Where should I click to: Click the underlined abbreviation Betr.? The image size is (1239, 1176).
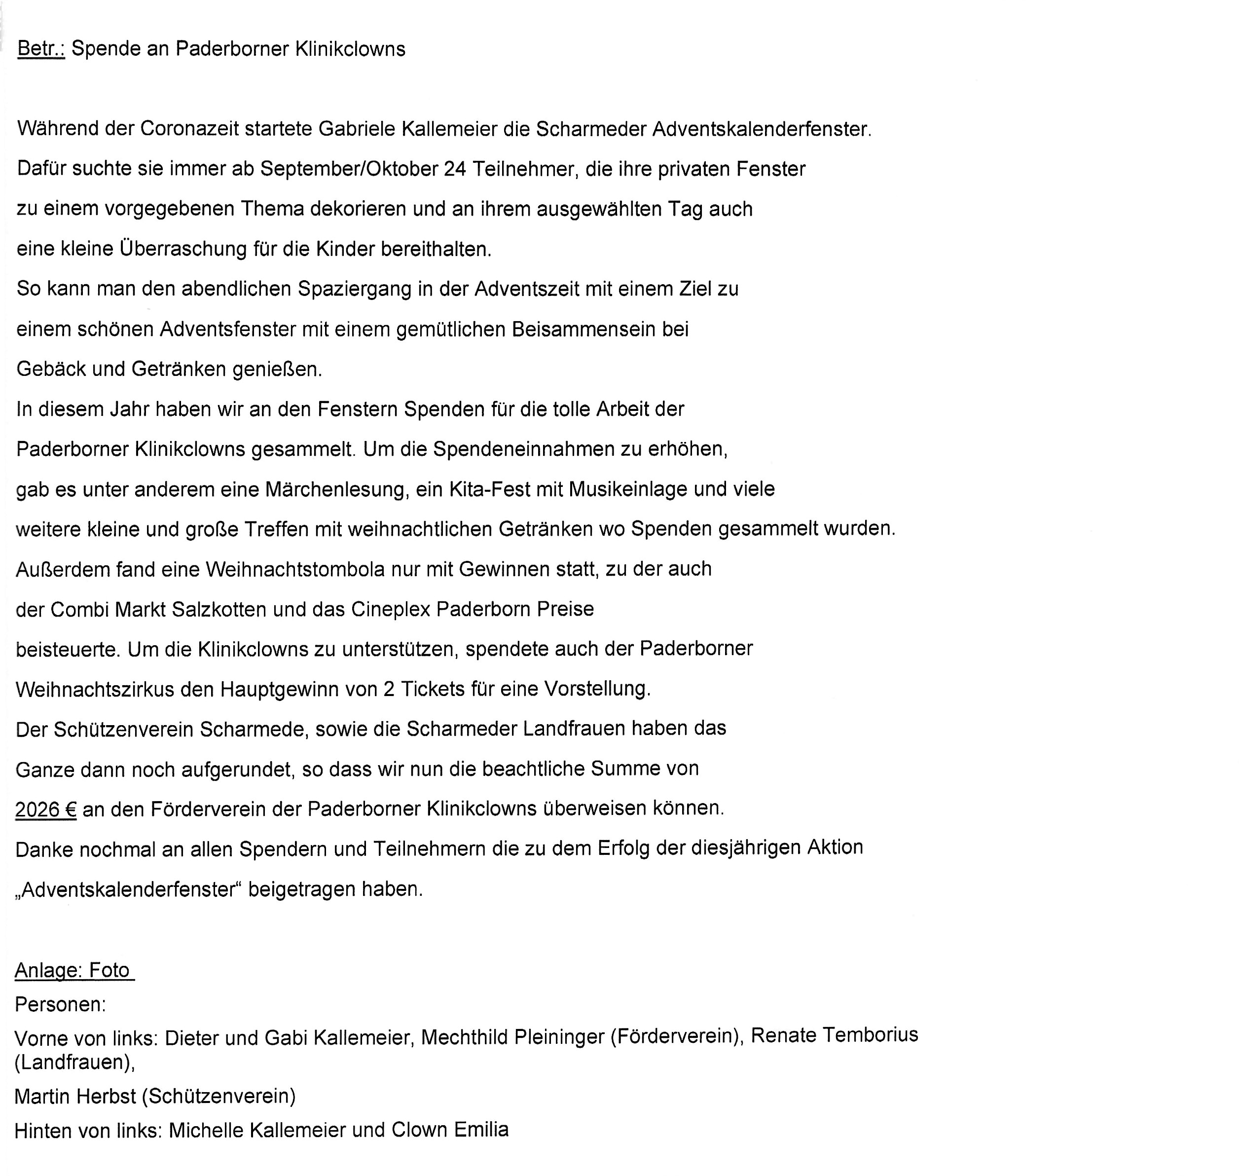41,49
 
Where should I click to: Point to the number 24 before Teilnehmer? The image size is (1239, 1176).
454,169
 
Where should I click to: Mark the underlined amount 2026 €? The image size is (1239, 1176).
45,810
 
